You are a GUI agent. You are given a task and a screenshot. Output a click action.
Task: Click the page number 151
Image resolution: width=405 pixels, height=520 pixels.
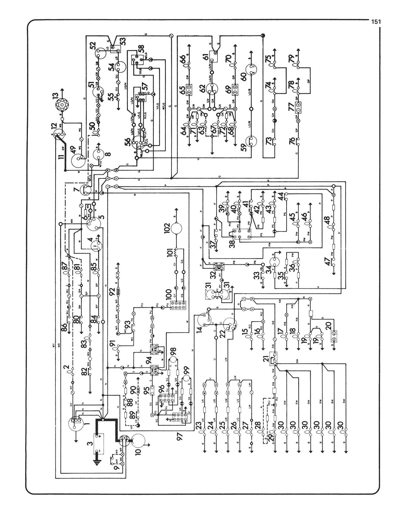[375, 22]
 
